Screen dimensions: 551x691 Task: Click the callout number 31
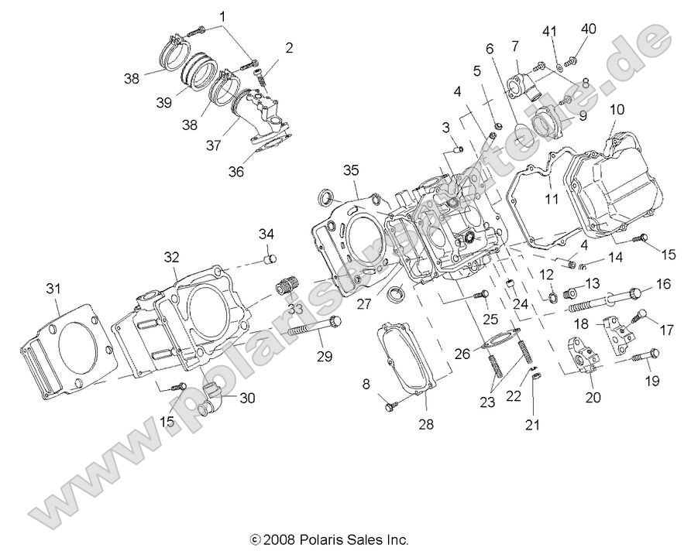[x=53, y=289]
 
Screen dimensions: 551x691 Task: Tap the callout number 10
[x=617, y=109]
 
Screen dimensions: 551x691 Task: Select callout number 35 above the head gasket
[x=352, y=169]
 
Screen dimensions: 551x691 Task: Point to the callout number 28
[x=427, y=424]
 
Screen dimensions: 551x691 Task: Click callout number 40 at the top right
[x=589, y=29]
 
